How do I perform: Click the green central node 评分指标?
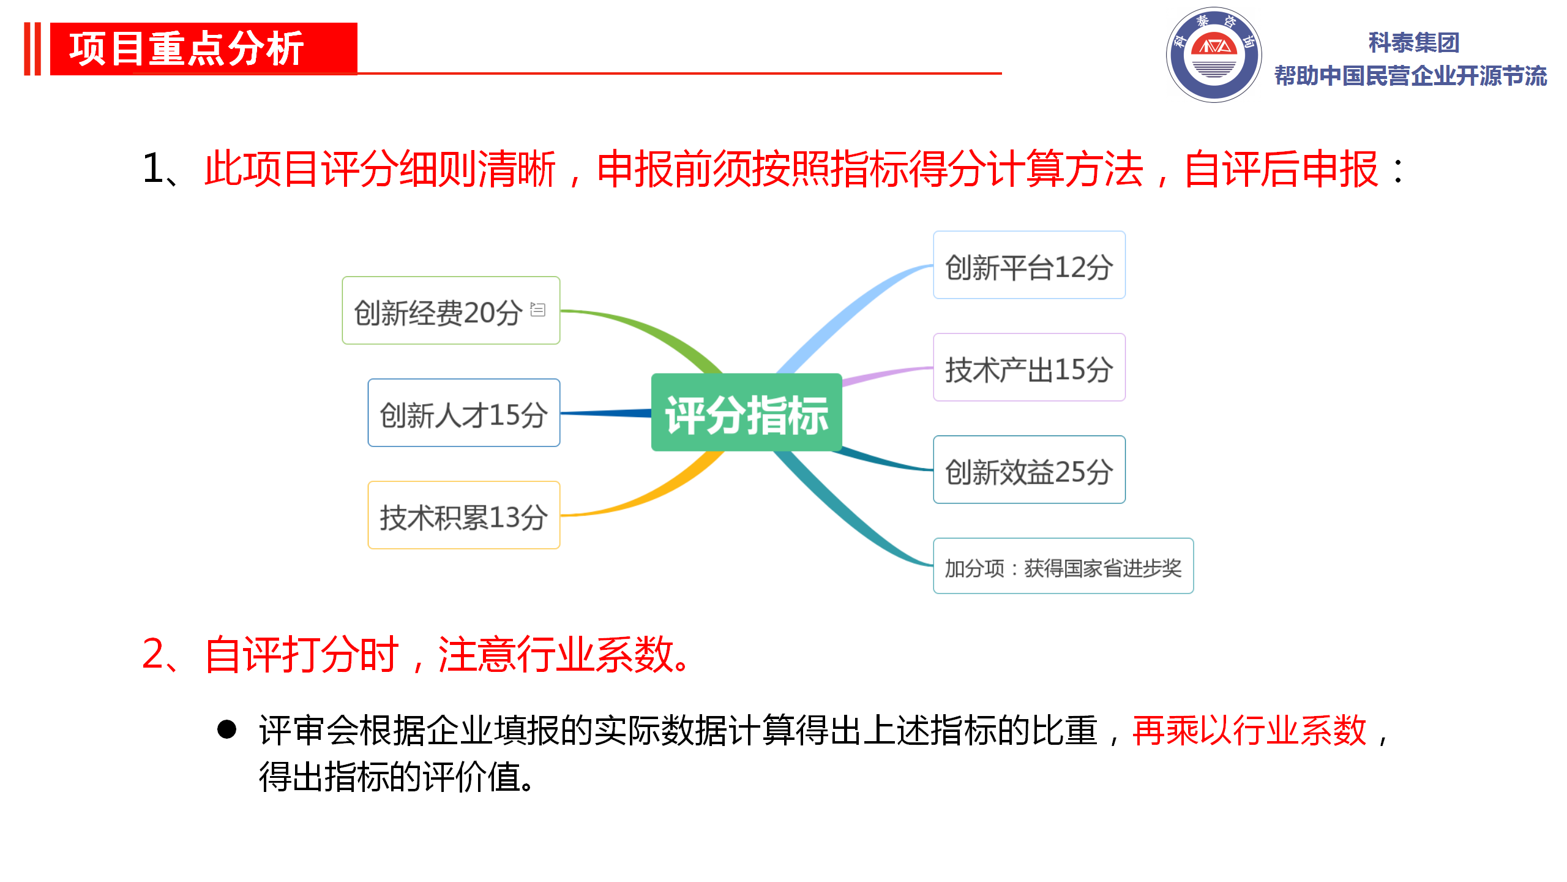746,412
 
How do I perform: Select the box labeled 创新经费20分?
451,311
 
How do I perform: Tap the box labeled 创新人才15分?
464,413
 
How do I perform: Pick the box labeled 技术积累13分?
464,515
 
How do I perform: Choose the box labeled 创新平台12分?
1029,265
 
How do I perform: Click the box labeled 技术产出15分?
1029,367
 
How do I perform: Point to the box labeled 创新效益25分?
1029,470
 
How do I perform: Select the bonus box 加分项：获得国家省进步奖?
1063,566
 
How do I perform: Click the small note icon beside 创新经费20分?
537,309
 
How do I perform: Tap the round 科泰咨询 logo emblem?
1214,55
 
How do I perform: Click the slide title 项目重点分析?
187,49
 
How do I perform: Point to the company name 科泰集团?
1414,43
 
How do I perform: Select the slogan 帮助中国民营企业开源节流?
1411,76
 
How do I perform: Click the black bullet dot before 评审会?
226,729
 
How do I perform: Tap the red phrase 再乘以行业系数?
1249,730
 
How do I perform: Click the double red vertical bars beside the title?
32,49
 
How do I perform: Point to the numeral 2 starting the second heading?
153,654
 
